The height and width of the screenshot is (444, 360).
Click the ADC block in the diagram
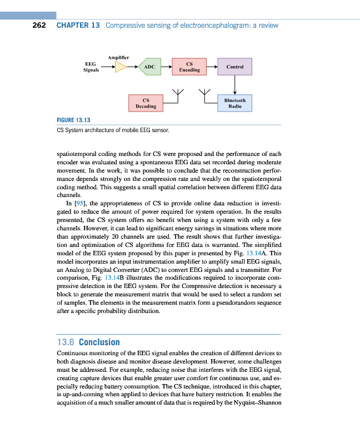[148, 67]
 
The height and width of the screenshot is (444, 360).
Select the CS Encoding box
[189, 67]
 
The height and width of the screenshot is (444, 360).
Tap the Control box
[235, 67]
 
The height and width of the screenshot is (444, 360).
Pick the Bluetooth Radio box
[235, 103]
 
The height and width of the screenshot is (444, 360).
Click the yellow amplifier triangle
[121, 67]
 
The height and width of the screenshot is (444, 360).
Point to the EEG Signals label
[91, 67]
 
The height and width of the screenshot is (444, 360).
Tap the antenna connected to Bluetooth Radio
[206, 93]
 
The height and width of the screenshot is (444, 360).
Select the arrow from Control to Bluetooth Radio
[235, 85]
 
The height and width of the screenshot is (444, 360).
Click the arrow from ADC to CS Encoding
[166, 67]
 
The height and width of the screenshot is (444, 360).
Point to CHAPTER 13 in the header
[78, 26]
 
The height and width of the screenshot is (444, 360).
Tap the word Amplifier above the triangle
[119, 57]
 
